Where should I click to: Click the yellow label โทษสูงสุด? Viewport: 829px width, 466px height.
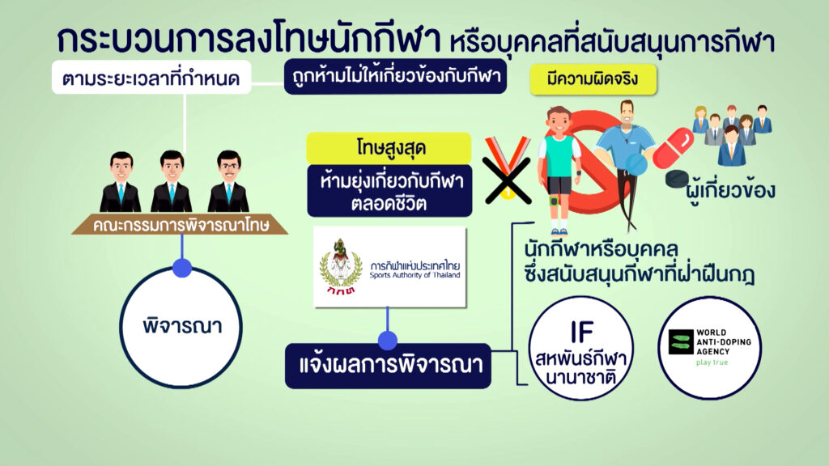[x=389, y=148]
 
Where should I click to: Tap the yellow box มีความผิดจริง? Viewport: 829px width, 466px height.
[x=593, y=80]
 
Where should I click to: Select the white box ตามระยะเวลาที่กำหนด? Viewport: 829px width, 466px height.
[x=151, y=78]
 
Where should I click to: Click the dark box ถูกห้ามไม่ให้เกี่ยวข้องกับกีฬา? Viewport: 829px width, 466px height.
[x=395, y=77]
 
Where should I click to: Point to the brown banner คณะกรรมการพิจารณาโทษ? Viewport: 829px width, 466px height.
[x=181, y=225]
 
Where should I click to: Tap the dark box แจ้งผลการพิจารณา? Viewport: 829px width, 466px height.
[x=388, y=366]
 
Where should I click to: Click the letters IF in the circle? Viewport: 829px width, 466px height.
[x=581, y=333]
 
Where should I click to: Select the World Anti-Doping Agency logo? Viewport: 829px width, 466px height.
[x=709, y=348]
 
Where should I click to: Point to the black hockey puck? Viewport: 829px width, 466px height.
[x=677, y=179]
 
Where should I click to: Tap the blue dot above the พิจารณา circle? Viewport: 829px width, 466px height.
[x=182, y=267]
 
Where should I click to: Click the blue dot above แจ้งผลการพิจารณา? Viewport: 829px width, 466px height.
[x=388, y=341]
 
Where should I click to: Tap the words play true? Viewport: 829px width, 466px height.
[x=712, y=362]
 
